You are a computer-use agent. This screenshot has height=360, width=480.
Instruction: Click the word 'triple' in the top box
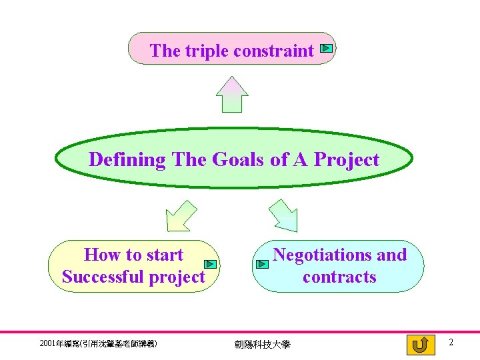pos(203,51)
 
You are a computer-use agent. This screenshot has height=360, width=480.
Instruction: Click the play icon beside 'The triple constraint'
pos(326,48)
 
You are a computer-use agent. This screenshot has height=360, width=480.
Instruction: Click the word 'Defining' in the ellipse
pos(127,160)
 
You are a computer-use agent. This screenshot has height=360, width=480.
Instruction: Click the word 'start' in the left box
pos(164,255)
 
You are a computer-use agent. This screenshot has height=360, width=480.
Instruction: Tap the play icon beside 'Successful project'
pos(209,265)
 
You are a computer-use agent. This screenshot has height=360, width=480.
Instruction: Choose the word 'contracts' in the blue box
pos(339,277)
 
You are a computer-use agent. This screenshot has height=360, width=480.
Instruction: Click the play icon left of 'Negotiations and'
pos(261,265)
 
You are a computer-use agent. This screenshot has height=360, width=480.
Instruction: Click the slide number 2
pos(451,343)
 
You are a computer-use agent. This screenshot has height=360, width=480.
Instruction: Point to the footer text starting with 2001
pos(98,344)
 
